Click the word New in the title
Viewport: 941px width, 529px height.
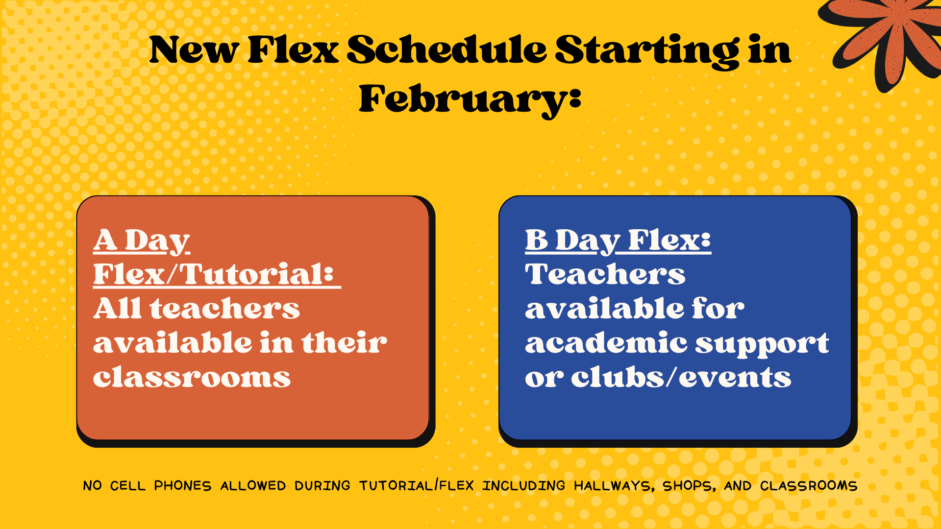195,50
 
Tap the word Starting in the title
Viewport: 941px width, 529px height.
647,52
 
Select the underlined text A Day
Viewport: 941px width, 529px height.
141,241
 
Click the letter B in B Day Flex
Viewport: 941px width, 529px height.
537,240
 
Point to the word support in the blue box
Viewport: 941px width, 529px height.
763,344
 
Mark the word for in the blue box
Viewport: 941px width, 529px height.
718,308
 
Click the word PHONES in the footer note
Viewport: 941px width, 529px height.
183,485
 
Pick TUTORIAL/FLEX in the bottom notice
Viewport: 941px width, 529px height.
417,485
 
